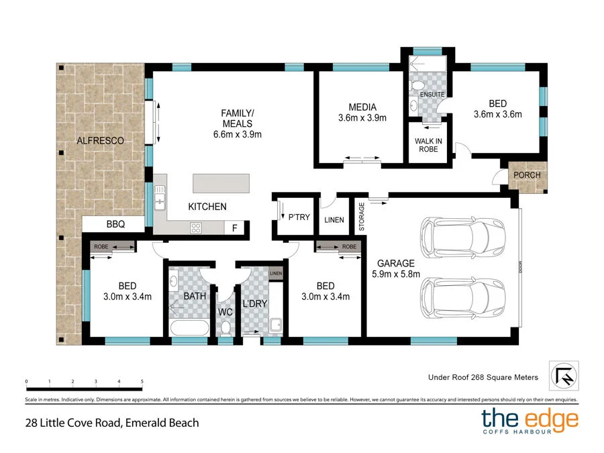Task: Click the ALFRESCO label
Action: tap(100, 141)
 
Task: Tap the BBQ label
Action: tap(115, 225)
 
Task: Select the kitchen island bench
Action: tap(221, 183)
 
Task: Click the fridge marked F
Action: tap(234, 228)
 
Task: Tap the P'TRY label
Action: tap(299, 217)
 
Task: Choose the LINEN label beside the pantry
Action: tap(334, 220)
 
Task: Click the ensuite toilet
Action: tap(417, 86)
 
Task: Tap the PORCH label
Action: tap(527, 175)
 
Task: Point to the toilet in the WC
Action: tap(225, 328)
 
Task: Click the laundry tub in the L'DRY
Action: tap(275, 326)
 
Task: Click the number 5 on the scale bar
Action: tap(142, 381)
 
